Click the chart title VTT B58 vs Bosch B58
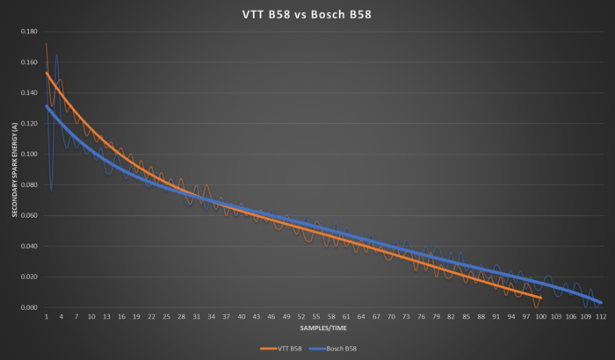pyautogui.click(x=307, y=14)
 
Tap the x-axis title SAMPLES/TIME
pyautogui.click(x=323, y=328)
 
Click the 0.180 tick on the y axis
pyautogui.click(x=30, y=32)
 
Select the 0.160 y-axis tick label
pyautogui.click(x=30, y=62)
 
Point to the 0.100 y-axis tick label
pyautogui.click(x=30, y=155)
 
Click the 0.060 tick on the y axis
pyautogui.click(x=30, y=216)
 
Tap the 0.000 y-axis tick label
pyautogui.click(x=30, y=307)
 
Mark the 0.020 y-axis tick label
pyautogui.click(x=30, y=277)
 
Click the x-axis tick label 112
pyautogui.click(x=602, y=316)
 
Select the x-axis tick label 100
pyautogui.click(x=541, y=316)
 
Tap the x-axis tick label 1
pyautogui.click(x=47, y=316)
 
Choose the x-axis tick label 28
pyautogui.click(x=181, y=316)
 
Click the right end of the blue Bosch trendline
pyautogui.click(x=602, y=302)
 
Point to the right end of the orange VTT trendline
pyautogui.click(x=541, y=298)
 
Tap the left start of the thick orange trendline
pyautogui.click(x=47, y=73)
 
